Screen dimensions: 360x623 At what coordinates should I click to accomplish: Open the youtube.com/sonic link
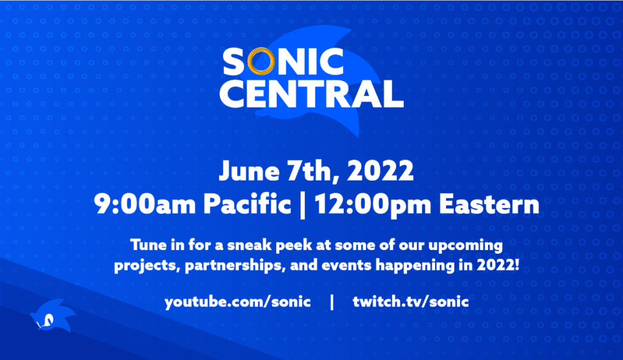pyautogui.click(x=237, y=302)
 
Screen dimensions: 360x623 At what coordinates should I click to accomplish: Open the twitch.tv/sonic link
pyautogui.click(x=411, y=302)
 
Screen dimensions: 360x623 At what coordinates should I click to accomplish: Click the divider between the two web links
pyautogui.click(x=332, y=302)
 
